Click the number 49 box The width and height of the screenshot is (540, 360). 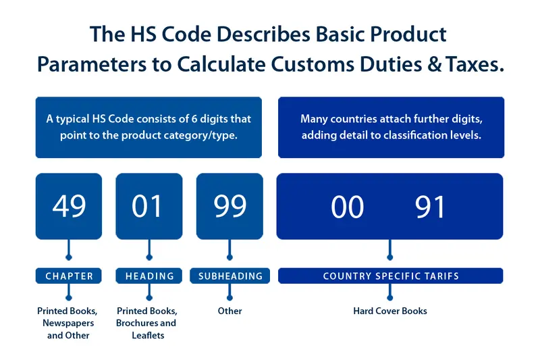pyautogui.click(x=69, y=206)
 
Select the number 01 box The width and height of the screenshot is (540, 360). pyautogui.click(x=148, y=206)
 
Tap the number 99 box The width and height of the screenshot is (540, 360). pyautogui.click(x=230, y=206)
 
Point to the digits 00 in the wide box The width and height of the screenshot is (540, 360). pyautogui.click(x=348, y=207)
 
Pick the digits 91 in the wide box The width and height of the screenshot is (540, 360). pyautogui.click(x=430, y=207)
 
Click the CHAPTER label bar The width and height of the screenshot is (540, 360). pyautogui.click(x=69, y=276)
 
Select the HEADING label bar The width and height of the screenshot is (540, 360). pyautogui.click(x=149, y=276)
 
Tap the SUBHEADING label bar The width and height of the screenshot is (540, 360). pyautogui.click(x=230, y=276)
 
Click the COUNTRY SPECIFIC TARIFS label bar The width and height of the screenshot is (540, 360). pyautogui.click(x=390, y=276)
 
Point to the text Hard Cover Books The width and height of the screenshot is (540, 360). pyautogui.click(x=390, y=311)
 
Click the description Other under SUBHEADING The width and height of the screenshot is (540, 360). pyautogui.click(x=230, y=311)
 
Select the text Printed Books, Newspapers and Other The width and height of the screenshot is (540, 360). pyautogui.click(x=67, y=323)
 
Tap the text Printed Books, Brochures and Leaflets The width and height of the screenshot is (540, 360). pyautogui.click(x=147, y=323)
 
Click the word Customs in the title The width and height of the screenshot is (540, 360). pyautogui.click(x=308, y=64)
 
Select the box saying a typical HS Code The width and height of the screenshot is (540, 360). pyautogui.click(x=148, y=127)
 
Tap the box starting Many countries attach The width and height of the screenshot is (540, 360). pyautogui.click(x=390, y=127)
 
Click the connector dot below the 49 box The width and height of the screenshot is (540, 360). pyautogui.click(x=68, y=257)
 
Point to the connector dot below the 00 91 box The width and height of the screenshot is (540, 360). pyautogui.click(x=390, y=257)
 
